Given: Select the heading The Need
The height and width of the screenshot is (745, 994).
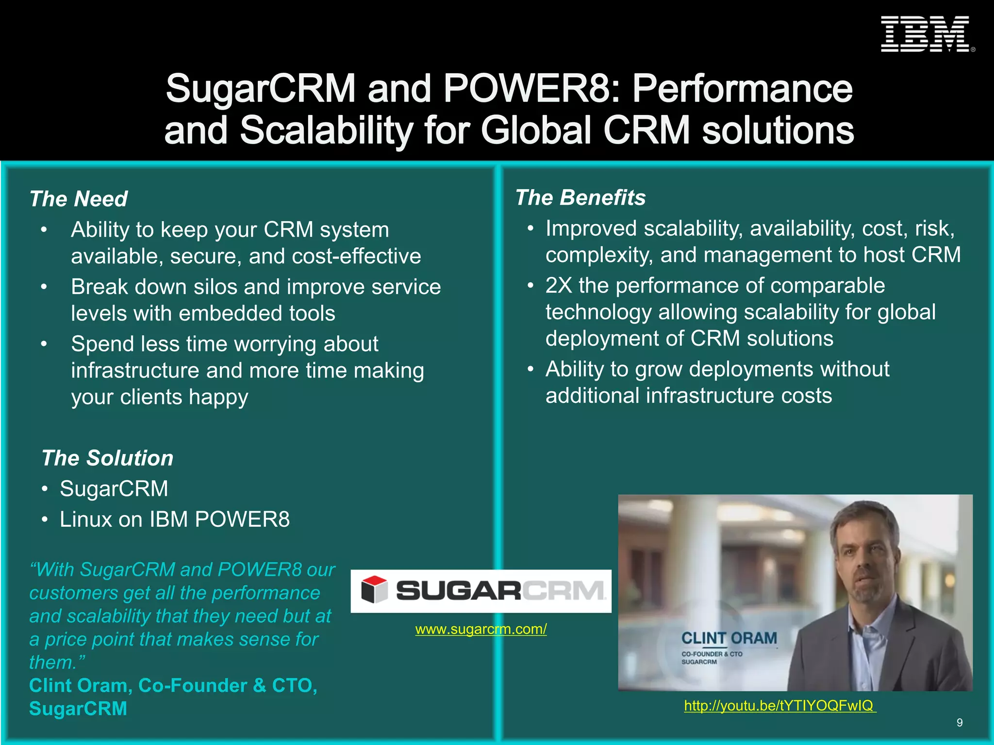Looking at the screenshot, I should pos(79,199).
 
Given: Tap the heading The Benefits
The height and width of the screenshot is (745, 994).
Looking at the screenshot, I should pos(580,197).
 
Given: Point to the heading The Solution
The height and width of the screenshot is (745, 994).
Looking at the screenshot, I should pos(107,458).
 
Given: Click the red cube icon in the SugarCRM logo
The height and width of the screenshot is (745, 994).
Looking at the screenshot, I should pos(374,590).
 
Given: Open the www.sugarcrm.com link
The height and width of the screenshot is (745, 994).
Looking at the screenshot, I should pos(480,629).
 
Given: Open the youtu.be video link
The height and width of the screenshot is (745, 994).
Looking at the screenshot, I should pos(779,705).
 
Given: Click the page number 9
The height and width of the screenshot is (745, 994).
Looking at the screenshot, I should pos(960,723).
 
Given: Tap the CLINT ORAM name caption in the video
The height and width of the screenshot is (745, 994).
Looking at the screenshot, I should pos(729,638).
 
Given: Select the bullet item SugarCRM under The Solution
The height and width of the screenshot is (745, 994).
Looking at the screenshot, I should pos(114,488).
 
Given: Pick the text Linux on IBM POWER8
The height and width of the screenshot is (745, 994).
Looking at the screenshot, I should pos(175,519).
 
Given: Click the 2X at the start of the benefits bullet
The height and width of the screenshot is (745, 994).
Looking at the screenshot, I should pos(558,286).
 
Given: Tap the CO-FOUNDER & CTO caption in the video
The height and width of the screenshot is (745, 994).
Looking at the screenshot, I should pos(712,654).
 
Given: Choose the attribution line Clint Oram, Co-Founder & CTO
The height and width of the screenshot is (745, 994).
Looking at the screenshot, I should pos(173,685).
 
